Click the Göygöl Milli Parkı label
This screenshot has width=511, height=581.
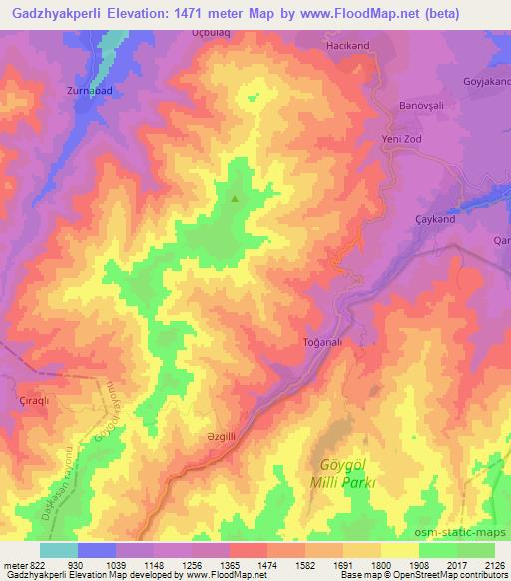pyautogui.click(x=347, y=473)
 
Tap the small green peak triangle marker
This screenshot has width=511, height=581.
pyautogui.click(x=235, y=198)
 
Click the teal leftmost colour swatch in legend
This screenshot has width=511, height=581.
pyautogui.click(x=58, y=550)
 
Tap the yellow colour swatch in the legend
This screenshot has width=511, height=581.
pyautogui.click(x=399, y=550)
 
